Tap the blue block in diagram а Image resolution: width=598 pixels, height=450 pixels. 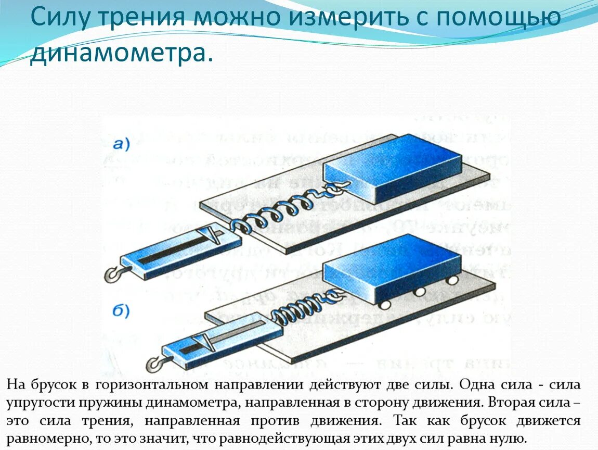tap(393, 167)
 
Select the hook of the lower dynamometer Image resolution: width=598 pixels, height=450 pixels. tap(155, 364)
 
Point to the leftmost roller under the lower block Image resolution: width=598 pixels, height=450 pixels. tap(386, 303)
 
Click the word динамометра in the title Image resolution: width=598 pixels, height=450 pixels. tap(121, 54)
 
